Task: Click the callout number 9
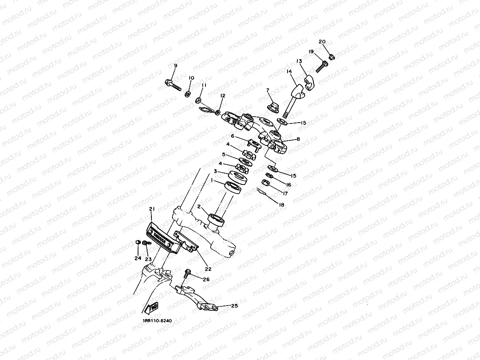click(176, 65)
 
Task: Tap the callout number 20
click(322, 42)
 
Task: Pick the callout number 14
click(289, 72)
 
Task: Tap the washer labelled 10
click(189, 94)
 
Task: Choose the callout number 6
click(233, 136)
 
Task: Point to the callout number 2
click(200, 206)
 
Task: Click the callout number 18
click(281, 205)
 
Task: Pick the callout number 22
click(208, 269)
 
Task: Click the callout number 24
click(137, 259)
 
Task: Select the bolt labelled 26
click(188, 272)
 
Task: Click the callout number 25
click(234, 306)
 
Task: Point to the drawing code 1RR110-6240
click(157, 321)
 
